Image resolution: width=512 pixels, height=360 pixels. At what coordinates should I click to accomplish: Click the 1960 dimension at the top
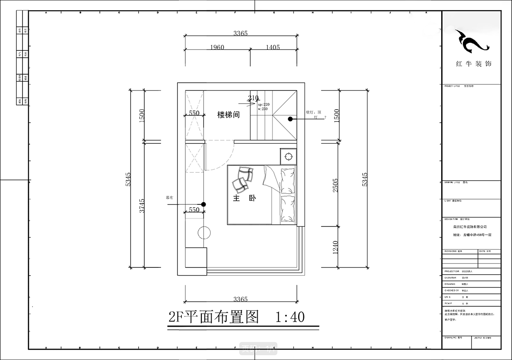click(x=217, y=47)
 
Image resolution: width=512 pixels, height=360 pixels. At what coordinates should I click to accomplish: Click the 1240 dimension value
click(x=335, y=248)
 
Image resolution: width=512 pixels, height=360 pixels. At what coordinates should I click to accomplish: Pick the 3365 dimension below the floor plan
click(x=240, y=299)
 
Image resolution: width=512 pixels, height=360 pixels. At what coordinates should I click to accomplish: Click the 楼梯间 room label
click(x=228, y=115)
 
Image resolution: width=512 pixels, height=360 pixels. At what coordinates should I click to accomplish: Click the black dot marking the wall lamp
click(x=289, y=119)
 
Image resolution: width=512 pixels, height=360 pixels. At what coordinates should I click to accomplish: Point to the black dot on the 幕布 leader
click(x=204, y=205)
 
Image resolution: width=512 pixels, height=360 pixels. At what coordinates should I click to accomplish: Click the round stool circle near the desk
click(x=204, y=233)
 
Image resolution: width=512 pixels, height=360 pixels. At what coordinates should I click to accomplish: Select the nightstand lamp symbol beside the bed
click(x=288, y=156)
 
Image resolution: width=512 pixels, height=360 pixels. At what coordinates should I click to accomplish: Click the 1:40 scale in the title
click(x=290, y=317)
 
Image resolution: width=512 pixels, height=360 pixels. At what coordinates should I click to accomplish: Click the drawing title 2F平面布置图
click(x=214, y=317)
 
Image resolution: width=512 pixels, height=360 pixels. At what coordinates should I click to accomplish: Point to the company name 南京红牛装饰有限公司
click(x=470, y=227)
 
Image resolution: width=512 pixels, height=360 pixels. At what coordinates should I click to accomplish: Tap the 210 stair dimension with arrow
click(x=253, y=98)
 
